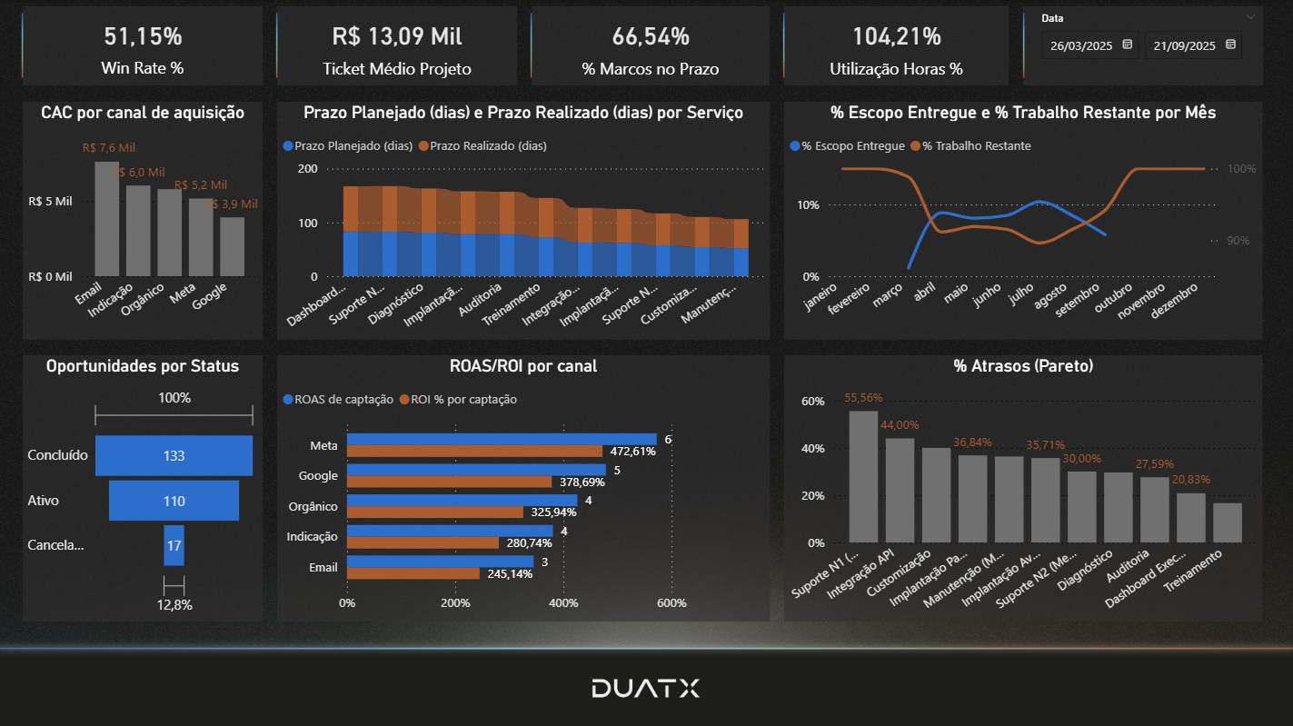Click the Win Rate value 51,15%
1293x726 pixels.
point(143,36)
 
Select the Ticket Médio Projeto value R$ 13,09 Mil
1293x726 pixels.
point(396,36)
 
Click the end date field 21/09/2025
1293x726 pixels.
point(1185,45)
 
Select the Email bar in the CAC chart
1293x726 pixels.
point(107,219)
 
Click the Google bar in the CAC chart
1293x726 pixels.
point(232,246)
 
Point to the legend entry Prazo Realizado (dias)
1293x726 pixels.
point(488,145)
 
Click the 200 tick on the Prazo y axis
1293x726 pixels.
point(308,169)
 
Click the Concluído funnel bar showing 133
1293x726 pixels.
point(174,455)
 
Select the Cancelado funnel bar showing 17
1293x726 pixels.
point(174,545)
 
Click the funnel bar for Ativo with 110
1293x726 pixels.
point(174,501)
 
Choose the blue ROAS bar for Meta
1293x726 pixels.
point(501,439)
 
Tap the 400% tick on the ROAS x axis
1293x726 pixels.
point(563,603)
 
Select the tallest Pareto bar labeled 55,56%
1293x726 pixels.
point(863,476)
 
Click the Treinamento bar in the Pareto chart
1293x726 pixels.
point(1227,522)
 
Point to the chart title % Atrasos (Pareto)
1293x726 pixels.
point(1023,366)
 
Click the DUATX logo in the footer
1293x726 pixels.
point(645,688)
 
